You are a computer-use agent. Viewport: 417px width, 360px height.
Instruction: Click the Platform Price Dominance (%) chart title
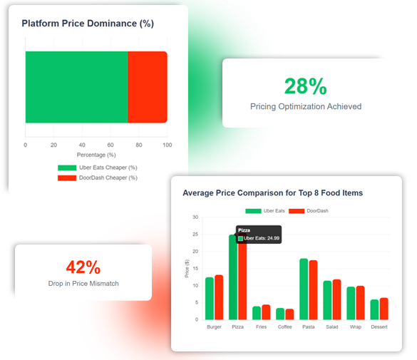point(88,24)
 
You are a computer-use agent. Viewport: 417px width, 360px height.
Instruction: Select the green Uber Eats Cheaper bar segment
point(76,87)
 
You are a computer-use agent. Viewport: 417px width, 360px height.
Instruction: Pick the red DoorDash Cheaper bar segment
point(148,87)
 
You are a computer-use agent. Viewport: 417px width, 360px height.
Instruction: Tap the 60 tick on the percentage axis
point(110,145)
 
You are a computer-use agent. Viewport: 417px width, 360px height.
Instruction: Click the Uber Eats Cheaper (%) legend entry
point(98,168)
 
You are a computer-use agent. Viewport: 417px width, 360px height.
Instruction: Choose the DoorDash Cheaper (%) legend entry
point(98,178)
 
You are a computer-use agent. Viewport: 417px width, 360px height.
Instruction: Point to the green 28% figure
point(305,86)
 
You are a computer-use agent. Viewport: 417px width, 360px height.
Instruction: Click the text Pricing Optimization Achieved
point(305,106)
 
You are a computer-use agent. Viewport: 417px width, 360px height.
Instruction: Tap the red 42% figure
point(83,267)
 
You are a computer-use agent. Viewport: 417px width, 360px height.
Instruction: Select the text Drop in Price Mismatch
point(83,284)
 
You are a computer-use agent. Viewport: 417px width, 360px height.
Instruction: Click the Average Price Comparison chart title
point(272,192)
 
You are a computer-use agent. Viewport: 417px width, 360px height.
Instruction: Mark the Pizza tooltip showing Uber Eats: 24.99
point(259,235)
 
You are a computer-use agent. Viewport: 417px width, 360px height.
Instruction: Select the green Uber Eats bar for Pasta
point(304,289)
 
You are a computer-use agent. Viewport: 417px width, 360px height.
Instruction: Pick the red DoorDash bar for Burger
point(219,297)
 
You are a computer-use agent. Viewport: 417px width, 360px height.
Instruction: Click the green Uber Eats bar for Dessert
point(374,309)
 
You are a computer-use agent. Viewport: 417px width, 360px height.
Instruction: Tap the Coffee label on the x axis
point(284,327)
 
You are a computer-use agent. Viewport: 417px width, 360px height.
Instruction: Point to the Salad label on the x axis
point(331,327)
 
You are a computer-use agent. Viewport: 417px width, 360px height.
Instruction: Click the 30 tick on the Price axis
point(195,217)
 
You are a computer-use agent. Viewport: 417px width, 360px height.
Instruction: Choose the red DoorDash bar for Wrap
point(360,303)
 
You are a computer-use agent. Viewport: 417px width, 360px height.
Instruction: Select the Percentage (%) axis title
point(96,155)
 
